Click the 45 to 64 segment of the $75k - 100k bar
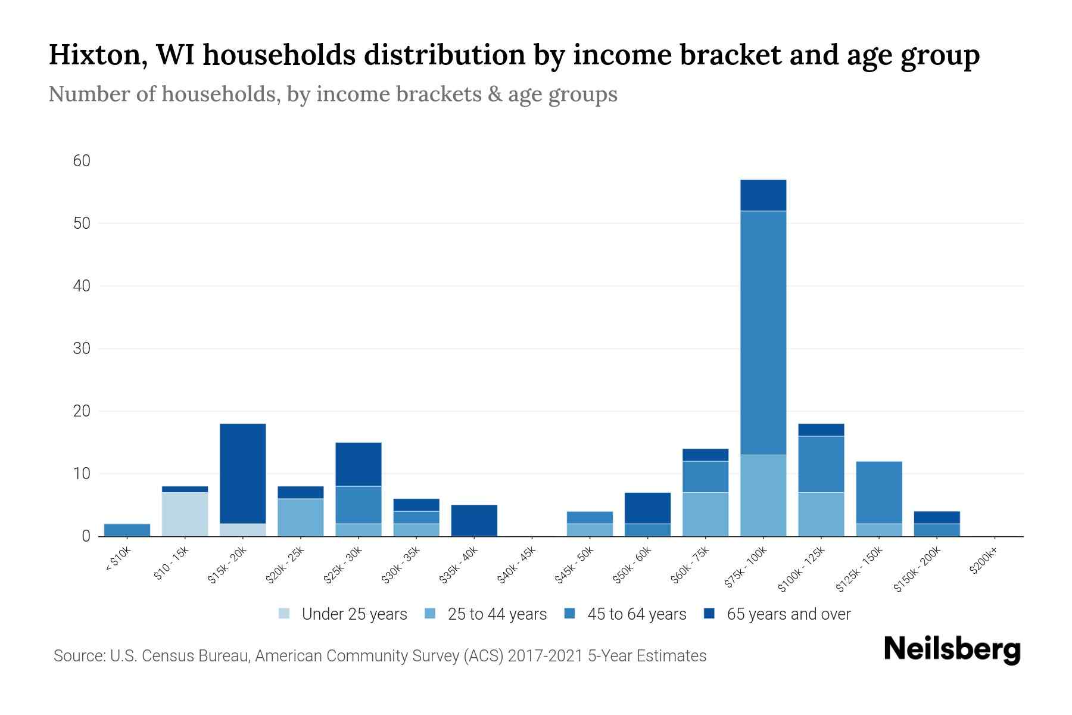(x=763, y=332)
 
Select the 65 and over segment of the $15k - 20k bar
(x=242, y=473)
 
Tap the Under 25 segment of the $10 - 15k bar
(x=185, y=514)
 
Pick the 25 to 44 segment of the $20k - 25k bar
(x=300, y=517)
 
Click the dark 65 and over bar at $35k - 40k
(x=474, y=520)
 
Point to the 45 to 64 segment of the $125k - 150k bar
(x=878, y=492)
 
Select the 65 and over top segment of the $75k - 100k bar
(x=763, y=195)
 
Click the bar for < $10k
(x=127, y=530)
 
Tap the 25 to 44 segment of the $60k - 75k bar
(x=705, y=514)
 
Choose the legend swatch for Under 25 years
(x=284, y=614)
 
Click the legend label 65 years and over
(x=788, y=614)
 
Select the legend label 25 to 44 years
(x=497, y=614)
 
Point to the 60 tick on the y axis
(x=82, y=161)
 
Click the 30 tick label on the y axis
(x=82, y=349)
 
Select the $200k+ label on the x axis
(x=983, y=561)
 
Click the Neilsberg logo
(x=952, y=649)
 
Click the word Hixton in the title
(x=94, y=55)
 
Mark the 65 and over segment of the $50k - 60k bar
(x=647, y=508)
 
